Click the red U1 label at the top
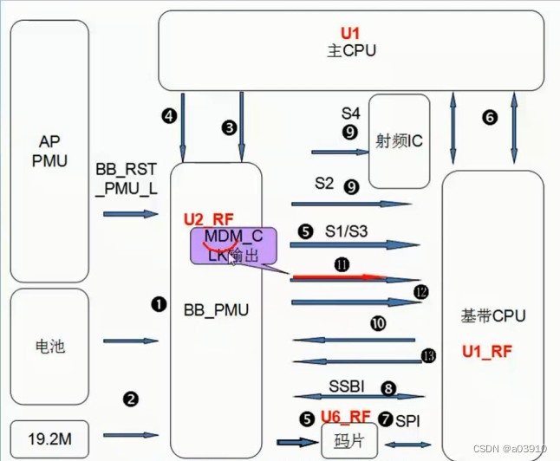[349, 32]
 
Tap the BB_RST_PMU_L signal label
[127, 176]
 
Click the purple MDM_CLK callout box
[233, 246]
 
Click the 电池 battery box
[49, 347]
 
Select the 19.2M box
[49, 438]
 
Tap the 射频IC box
[399, 140]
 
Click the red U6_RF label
[346, 417]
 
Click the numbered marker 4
[169, 114]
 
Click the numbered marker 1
[158, 304]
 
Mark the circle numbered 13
[427, 355]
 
